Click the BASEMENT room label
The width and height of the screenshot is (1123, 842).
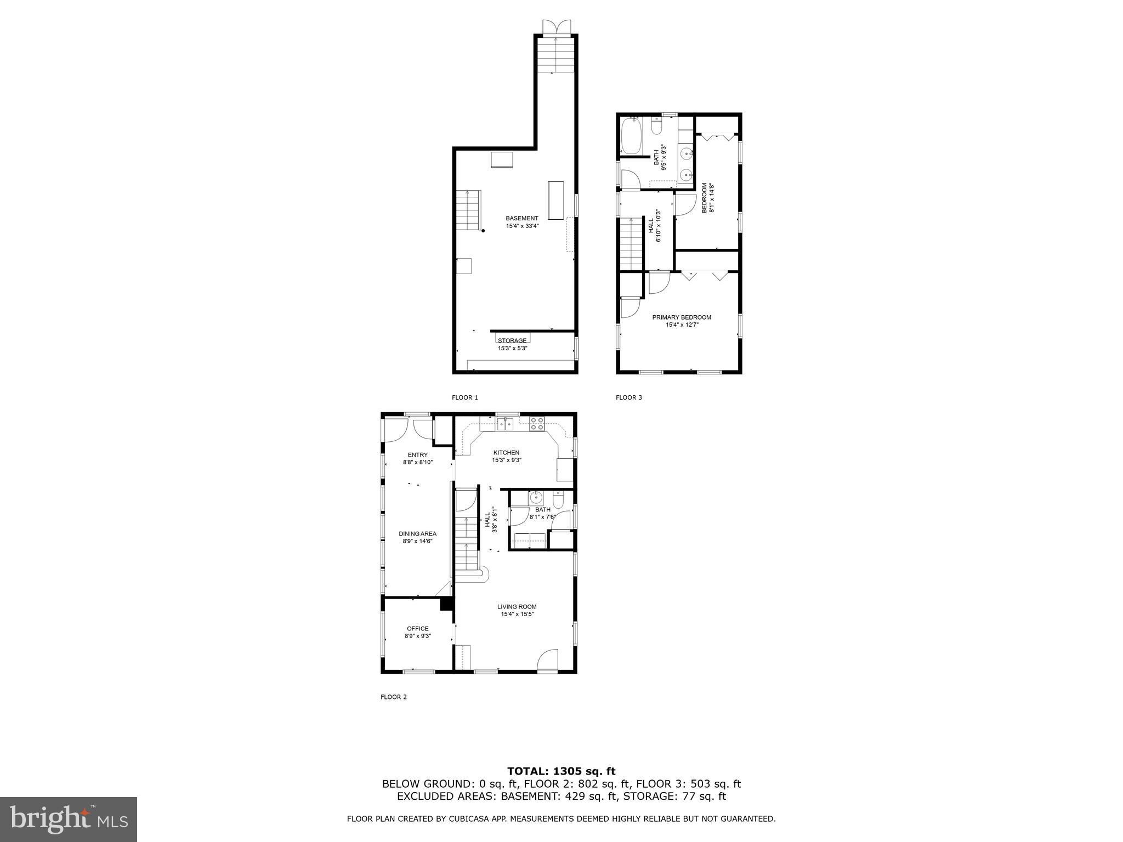pyautogui.click(x=521, y=218)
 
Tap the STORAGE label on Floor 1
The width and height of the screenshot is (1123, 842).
pyautogui.click(x=512, y=340)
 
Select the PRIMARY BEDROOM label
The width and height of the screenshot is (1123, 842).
pyautogui.click(x=681, y=317)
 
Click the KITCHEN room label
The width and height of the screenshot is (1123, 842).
pyautogui.click(x=506, y=453)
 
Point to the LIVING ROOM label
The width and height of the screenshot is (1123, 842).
pyautogui.click(x=517, y=607)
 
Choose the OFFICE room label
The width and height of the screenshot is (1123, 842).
pyautogui.click(x=417, y=629)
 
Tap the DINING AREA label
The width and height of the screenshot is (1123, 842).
pyautogui.click(x=417, y=534)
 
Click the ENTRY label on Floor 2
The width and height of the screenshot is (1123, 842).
pyautogui.click(x=417, y=455)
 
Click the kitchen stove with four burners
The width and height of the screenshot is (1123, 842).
pyautogui.click(x=537, y=423)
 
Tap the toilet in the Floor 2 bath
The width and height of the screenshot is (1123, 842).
pyautogui.click(x=558, y=499)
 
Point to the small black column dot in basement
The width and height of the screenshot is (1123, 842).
pyautogui.click(x=483, y=231)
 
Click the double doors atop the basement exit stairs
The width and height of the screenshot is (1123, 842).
pyautogui.click(x=556, y=27)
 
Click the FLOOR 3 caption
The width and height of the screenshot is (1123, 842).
pyautogui.click(x=628, y=397)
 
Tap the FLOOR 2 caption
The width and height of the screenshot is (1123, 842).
pyautogui.click(x=393, y=697)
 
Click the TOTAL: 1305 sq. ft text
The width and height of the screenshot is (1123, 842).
pyautogui.click(x=561, y=771)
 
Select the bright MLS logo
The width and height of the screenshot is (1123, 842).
pyautogui.click(x=68, y=819)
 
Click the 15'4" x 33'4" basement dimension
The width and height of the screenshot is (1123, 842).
pyautogui.click(x=522, y=226)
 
